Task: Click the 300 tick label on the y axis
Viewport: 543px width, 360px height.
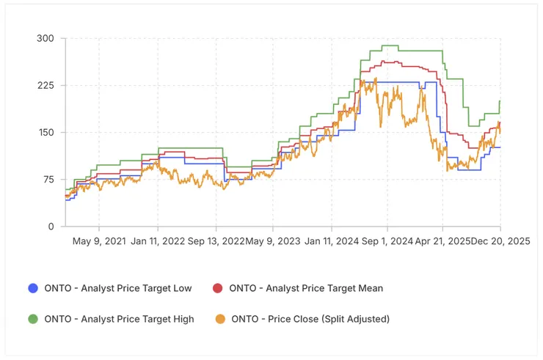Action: point(45,38)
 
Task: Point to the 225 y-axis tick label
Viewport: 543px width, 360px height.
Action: point(45,85)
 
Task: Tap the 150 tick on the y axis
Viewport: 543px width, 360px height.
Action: point(45,133)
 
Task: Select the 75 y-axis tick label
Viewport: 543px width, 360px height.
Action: point(48,180)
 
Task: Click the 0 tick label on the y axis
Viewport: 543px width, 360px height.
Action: point(51,227)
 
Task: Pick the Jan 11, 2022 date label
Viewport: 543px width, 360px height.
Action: point(156,240)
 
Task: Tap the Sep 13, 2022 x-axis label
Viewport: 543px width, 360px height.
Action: point(216,240)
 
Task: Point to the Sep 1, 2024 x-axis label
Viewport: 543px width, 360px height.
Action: point(387,240)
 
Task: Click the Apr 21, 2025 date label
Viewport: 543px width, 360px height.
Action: point(444,240)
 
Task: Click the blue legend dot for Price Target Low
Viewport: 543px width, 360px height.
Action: point(32,288)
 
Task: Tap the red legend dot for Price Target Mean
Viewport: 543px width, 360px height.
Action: point(218,288)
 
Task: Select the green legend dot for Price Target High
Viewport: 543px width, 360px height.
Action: point(32,319)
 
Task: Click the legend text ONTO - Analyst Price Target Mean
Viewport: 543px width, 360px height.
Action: point(306,288)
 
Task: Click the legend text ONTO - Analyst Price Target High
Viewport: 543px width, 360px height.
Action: point(120,319)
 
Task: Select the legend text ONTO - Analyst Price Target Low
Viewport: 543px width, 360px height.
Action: point(118,288)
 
